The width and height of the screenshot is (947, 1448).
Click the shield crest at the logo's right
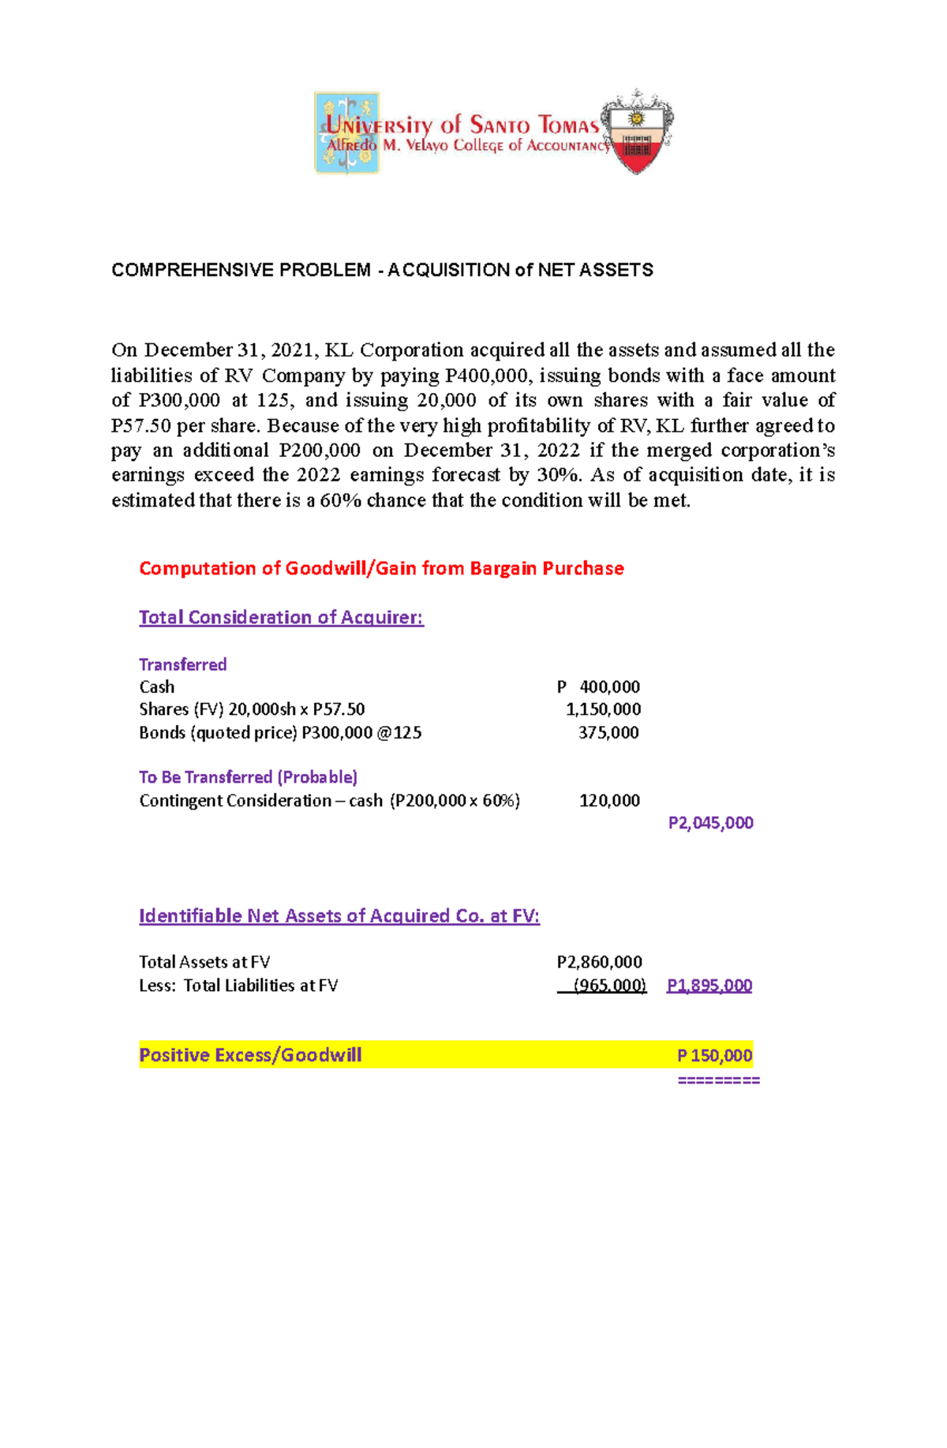[x=637, y=133]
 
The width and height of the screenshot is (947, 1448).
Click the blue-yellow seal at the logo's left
[x=346, y=133]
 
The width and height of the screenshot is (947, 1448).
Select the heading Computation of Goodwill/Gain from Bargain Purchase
[x=381, y=568]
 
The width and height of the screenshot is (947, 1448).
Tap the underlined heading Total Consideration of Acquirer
[x=281, y=617]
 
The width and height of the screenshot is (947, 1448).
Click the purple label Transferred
[x=183, y=664]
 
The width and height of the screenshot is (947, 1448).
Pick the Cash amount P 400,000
[x=599, y=687]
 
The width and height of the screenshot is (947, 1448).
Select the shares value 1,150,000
[x=603, y=709]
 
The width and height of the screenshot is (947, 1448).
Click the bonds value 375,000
[x=608, y=732]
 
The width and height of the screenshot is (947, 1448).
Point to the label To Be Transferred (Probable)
[x=248, y=777]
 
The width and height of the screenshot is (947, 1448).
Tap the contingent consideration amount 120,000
[x=609, y=800]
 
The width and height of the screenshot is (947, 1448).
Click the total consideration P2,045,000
[x=710, y=823]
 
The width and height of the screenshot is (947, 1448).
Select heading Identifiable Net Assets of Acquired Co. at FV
[x=339, y=916]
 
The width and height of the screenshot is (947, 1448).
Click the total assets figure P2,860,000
[x=599, y=962]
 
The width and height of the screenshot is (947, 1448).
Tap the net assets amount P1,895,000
[x=709, y=985]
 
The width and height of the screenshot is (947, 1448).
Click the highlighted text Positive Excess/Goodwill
[x=250, y=1055]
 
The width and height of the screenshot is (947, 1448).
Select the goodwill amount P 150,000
[x=714, y=1055]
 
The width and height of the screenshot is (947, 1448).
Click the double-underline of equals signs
[x=718, y=1080]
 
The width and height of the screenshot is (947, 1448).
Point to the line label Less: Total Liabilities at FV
[x=238, y=985]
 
